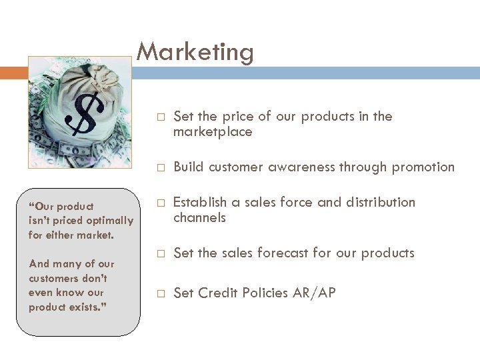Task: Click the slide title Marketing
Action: [195, 52]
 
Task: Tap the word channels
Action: [199, 218]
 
